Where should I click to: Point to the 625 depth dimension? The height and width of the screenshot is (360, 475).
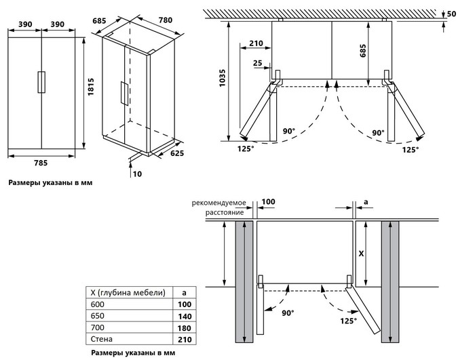[x=176, y=155]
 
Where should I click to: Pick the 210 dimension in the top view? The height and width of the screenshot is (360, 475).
[x=256, y=43]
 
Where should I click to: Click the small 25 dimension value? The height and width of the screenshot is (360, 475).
[x=257, y=63]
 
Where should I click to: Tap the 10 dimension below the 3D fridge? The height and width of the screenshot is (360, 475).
[x=138, y=174]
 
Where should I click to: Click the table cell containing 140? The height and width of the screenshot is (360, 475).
[x=184, y=316]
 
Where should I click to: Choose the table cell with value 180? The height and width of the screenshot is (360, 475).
[x=184, y=327]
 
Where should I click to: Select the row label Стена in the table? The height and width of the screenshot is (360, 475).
[x=101, y=338]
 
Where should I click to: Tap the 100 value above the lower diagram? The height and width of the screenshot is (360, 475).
[x=268, y=202]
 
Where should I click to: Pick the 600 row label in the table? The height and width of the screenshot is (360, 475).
[x=99, y=304]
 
